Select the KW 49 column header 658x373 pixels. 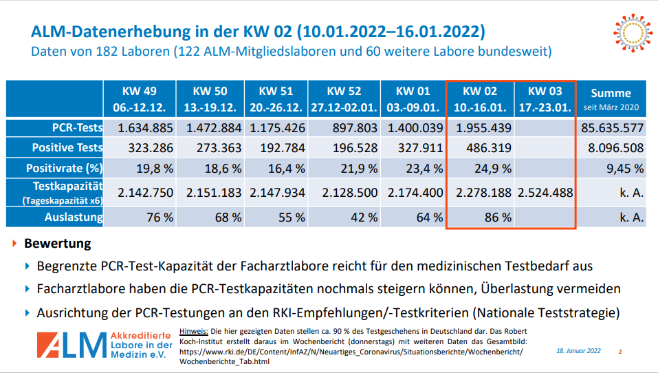coord(140,99)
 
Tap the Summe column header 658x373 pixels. coord(610,98)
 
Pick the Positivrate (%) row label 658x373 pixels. coord(65,169)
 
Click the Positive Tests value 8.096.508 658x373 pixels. coord(610,148)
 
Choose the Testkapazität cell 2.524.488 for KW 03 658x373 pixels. coord(545,193)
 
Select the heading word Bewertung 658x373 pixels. coord(57,244)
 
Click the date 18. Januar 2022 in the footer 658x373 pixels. coord(578,351)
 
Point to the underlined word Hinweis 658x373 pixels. coord(194,331)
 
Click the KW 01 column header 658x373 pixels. coord(413,99)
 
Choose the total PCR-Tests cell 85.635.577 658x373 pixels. coord(610,127)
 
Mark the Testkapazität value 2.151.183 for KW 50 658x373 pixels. coord(212,193)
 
